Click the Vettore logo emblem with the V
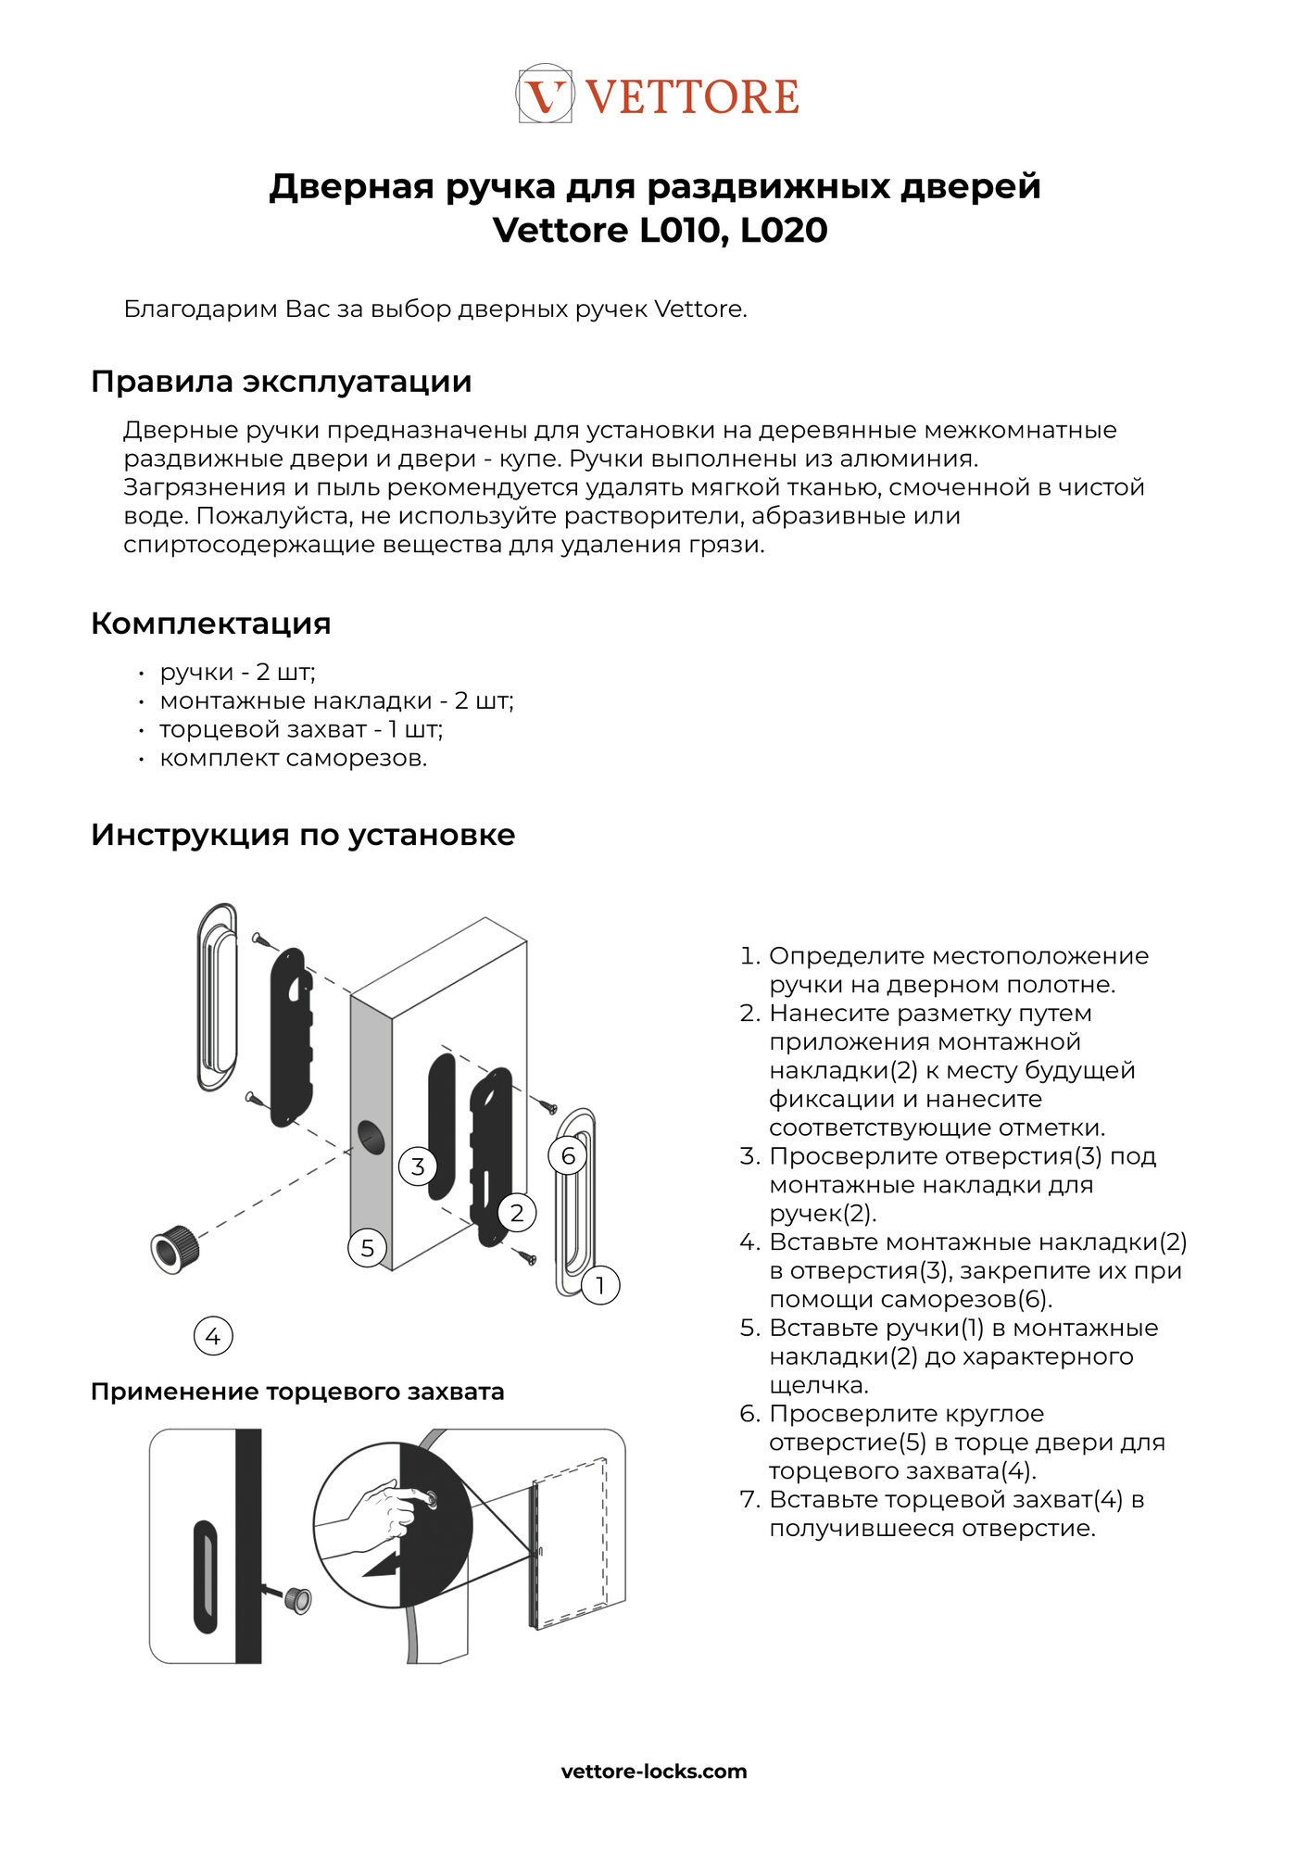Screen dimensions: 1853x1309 pyautogui.click(x=545, y=95)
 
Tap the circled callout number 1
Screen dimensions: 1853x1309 pyautogui.click(x=600, y=1285)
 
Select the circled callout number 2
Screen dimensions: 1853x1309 pyautogui.click(x=517, y=1212)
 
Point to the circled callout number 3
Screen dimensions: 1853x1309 pyautogui.click(x=418, y=1166)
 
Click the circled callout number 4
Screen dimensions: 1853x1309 pyautogui.click(x=213, y=1336)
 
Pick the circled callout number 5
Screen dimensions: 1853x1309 pyautogui.click(x=368, y=1248)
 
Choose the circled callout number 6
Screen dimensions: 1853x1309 pyautogui.click(x=568, y=1155)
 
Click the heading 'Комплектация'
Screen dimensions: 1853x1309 pyautogui.click(x=211, y=624)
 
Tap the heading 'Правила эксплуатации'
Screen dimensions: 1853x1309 pyautogui.click(x=282, y=382)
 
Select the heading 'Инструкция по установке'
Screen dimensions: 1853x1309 pyautogui.click(x=303, y=835)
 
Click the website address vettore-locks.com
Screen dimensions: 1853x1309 pyautogui.click(x=654, y=1771)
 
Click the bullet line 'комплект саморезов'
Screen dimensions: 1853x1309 pyautogui.click(x=293, y=758)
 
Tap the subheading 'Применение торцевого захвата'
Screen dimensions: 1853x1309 pyautogui.click(x=297, y=1392)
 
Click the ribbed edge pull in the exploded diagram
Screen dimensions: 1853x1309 pyautogui.click(x=174, y=1248)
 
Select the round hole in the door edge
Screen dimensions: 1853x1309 pyautogui.click(x=371, y=1137)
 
